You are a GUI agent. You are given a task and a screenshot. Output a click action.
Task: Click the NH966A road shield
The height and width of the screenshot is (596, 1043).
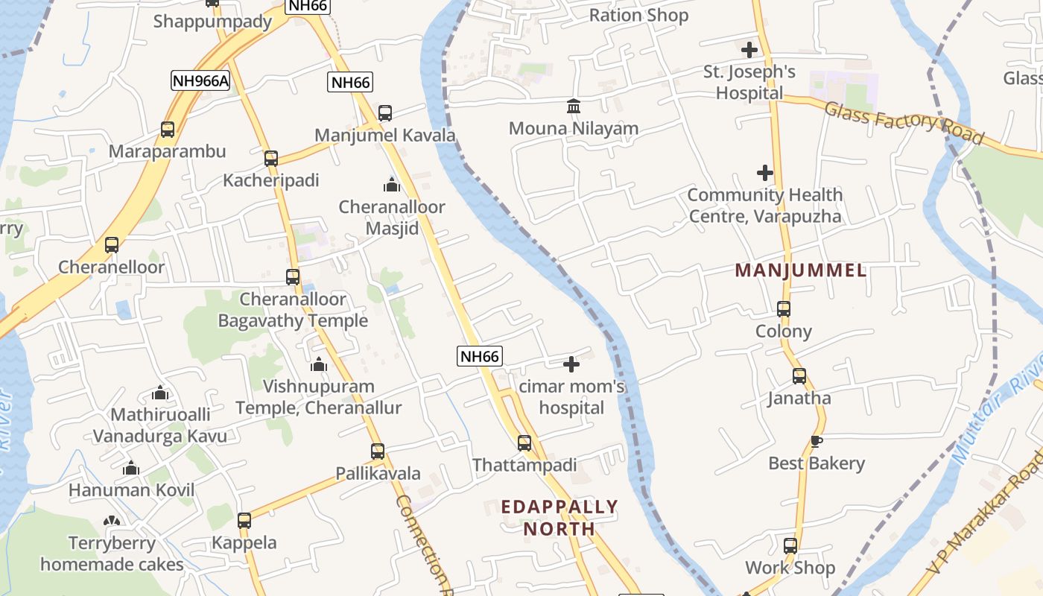pos(200,80)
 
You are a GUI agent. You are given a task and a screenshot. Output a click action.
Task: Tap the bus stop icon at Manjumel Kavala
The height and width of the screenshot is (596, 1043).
pos(384,113)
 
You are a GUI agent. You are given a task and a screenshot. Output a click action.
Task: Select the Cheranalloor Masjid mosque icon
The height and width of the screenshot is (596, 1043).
pos(392,185)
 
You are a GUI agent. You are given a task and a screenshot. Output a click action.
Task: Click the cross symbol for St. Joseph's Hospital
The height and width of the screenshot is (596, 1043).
pos(749,50)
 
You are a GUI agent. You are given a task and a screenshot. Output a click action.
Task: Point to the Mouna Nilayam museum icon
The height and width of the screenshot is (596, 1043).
pos(574,107)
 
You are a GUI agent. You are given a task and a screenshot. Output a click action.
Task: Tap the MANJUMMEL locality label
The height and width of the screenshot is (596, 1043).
pos(801,270)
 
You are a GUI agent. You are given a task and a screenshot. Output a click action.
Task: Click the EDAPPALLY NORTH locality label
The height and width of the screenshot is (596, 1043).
pos(559,518)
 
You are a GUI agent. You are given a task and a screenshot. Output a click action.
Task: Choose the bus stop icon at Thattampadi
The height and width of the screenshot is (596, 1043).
pos(524,443)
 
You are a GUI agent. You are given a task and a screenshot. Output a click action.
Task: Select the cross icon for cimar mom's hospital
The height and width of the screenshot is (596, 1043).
pos(571,364)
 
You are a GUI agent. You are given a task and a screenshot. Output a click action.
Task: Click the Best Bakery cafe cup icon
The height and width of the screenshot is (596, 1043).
pos(817,441)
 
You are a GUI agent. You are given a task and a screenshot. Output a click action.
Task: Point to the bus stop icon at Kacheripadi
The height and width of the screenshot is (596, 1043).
pos(271,159)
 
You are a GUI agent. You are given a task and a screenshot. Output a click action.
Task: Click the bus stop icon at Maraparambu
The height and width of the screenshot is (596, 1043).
pos(168,130)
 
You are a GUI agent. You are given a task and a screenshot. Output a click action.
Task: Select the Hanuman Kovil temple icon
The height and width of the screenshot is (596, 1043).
pos(131,469)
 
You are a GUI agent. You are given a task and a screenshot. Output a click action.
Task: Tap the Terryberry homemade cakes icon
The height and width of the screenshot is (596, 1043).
pos(112,521)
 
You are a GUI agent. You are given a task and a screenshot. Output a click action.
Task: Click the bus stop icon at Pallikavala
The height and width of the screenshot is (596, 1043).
pos(378,451)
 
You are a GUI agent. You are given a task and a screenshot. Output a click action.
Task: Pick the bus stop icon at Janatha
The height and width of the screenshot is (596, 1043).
pos(799,376)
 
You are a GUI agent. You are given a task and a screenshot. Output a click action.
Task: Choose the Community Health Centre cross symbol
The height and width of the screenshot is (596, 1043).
pos(765,174)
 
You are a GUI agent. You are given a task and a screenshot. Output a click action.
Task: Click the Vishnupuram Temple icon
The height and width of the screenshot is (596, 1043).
pos(319,364)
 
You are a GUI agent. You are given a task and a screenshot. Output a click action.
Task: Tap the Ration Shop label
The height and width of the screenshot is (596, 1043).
pos(638,15)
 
